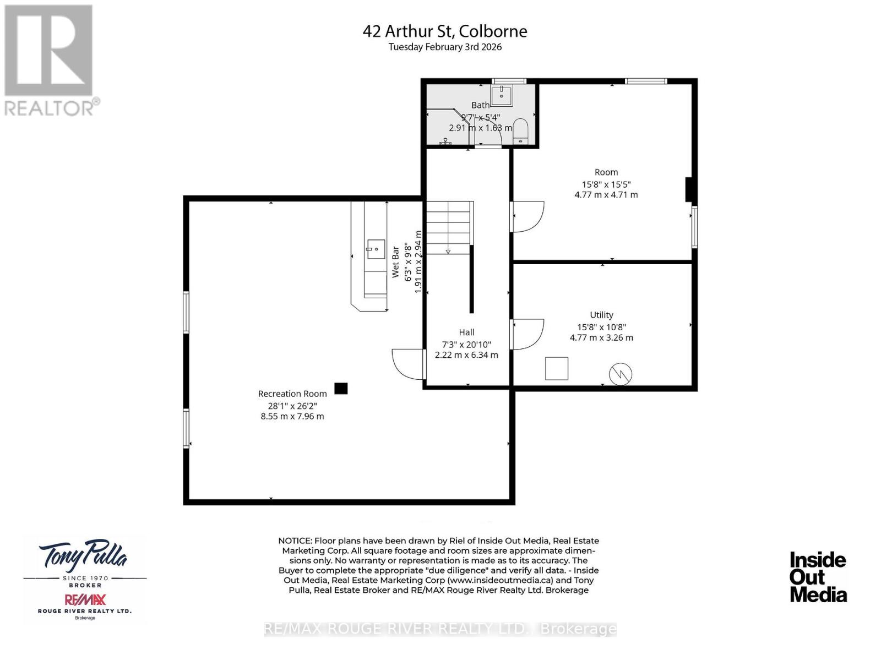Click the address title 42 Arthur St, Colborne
(x=445, y=31)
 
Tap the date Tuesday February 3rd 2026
(x=445, y=47)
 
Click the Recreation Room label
(x=292, y=394)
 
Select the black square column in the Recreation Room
(x=341, y=389)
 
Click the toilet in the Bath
(x=520, y=131)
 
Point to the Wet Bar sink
(x=376, y=249)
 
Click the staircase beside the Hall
(x=449, y=227)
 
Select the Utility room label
(x=601, y=315)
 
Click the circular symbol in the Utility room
(x=621, y=374)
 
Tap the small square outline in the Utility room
(x=557, y=368)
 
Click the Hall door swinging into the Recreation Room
(x=409, y=364)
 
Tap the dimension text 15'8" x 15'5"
(x=606, y=184)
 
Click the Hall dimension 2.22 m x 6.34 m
(x=466, y=355)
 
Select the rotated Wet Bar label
(x=395, y=262)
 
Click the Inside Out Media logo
(x=818, y=577)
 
